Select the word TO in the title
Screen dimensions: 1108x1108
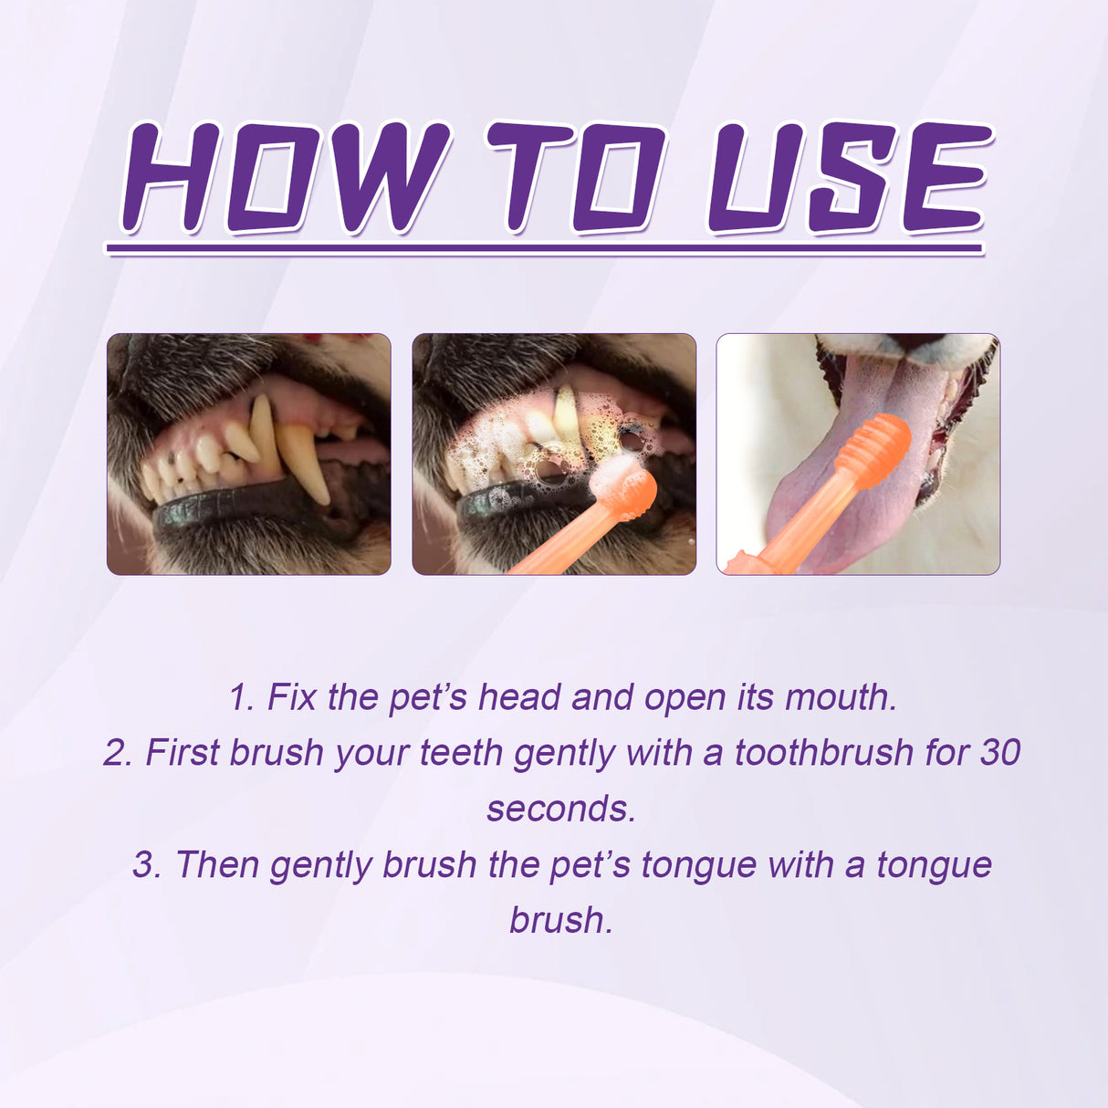[575, 178]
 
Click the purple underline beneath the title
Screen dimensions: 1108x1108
[544, 248]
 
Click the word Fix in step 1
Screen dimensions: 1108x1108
[291, 697]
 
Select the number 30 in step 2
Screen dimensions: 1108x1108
[1000, 753]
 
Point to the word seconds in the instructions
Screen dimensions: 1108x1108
[560, 809]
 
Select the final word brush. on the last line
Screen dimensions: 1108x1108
[560, 920]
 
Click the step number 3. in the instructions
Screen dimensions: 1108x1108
[146, 864]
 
